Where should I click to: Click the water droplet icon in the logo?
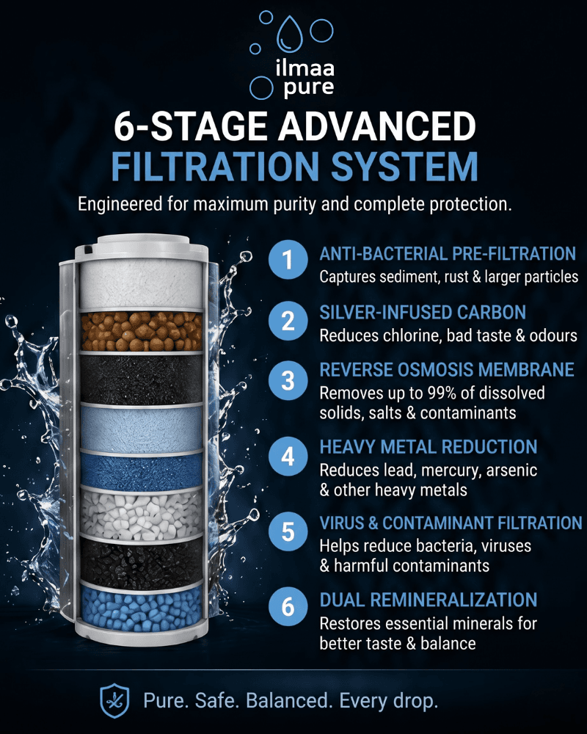pyautogui.click(x=290, y=34)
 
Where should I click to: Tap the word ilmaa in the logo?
pyautogui.click(x=305, y=68)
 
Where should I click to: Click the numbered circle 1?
pyautogui.click(x=288, y=260)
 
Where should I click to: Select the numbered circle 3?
pyautogui.click(x=288, y=380)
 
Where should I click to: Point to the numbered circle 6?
pyautogui.click(x=288, y=607)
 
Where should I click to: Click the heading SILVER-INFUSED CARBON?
pyautogui.click(x=423, y=313)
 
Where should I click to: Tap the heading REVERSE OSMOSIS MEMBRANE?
pyautogui.click(x=447, y=370)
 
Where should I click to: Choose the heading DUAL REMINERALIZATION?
pyautogui.click(x=429, y=600)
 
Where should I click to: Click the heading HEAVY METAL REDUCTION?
pyautogui.click(x=429, y=447)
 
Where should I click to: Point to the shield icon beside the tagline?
pyautogui.click(x=114, y=701)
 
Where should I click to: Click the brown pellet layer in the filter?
pyautogui.click(x=142, y=332)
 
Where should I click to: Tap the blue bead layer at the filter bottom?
pyautogui.click(x=142, y=610)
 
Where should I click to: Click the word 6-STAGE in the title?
pyautogui.click(x=192, y=126)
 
